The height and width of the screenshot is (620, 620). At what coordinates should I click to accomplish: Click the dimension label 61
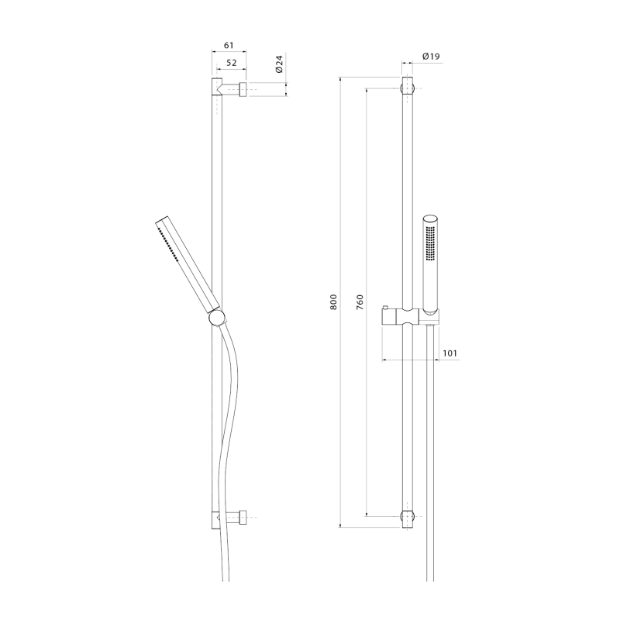pyautogui.click(x=229, y=46)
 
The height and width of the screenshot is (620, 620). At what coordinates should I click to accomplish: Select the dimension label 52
pyautogui.click(x=231, y=63)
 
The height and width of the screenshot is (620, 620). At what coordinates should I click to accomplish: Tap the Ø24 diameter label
pyautogui.click(x=279, y=64)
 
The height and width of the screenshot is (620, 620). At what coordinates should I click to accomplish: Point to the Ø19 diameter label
pyautogui.click(x=431, y=57)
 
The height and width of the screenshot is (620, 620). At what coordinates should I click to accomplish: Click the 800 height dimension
pyautogui.click(x=334, y=301)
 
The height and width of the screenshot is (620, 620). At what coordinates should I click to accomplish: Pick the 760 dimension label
pyautogui.click(x=360, y=301)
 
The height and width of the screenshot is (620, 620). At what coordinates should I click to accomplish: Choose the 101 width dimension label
pyautogui.click(x=449, y=353)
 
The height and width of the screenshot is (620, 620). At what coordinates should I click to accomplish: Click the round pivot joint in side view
pyautogui.click(x=217, y=318)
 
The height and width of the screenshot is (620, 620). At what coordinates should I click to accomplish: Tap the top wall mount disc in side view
pyautogui.click(x=243, y=89)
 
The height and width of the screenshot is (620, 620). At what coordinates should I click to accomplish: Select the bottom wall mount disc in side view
pyautogui.click(x=243, y=517)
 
